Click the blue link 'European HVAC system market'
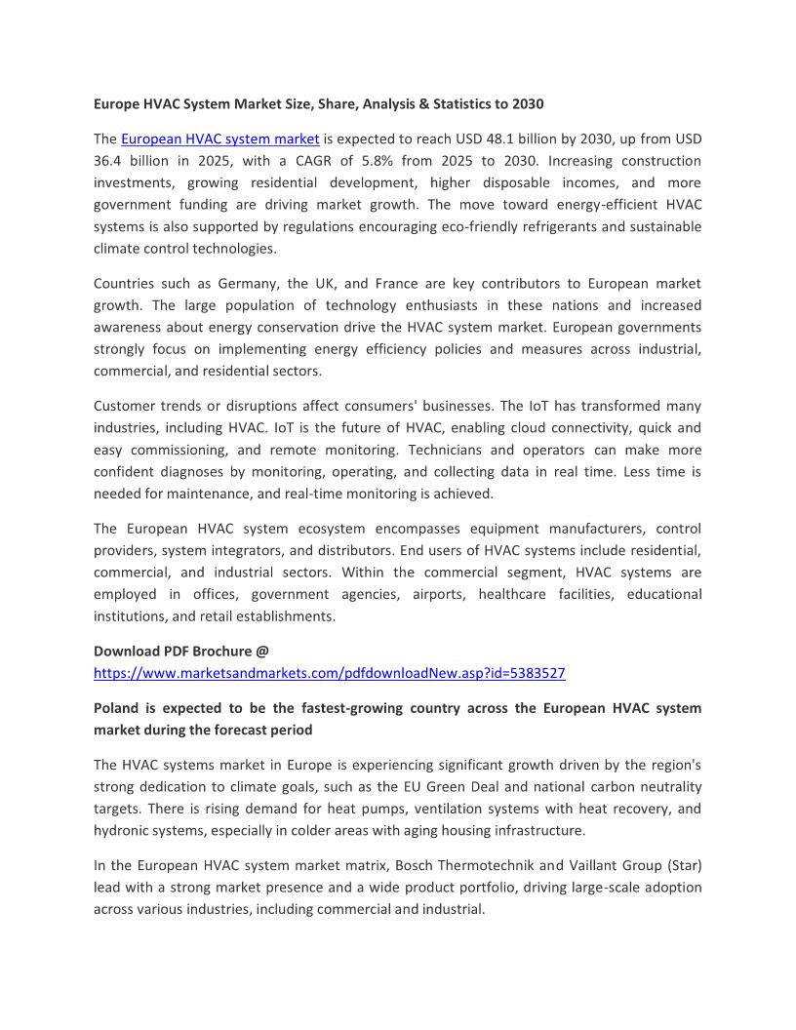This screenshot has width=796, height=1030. pyautogui.click(x=219, y=139)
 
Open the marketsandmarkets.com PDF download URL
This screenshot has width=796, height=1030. pyautogui.click(x=329, y=673)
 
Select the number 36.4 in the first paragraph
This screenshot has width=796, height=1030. pyautogui.click(x=108, y=161)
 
